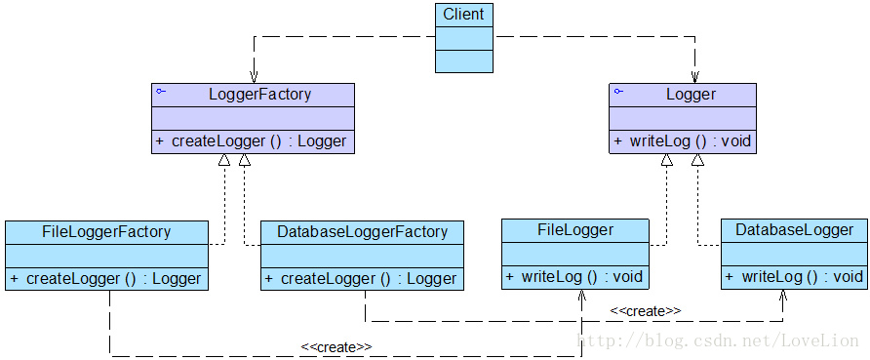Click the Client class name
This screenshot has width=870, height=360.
[464, 15]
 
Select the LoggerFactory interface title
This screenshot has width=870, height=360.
[259, 95]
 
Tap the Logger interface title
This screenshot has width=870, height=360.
[691, 95]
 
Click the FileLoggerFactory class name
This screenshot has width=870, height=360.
[106, 232]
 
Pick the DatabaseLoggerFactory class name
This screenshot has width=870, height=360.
[362, 232]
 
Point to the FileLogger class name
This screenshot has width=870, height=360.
[575, 230]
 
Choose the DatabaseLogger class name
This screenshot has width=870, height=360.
[794, 230]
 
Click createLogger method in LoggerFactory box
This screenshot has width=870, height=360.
[252, 141]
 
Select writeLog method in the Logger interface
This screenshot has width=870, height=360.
[683, 141]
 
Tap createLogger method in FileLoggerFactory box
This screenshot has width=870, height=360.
[106, 278]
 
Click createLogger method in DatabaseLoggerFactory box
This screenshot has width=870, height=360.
[362, 278]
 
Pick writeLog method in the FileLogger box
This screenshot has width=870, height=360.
[574, 276]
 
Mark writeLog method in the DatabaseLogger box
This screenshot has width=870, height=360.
[794, 276]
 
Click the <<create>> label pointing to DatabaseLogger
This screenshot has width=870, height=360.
[645, 310]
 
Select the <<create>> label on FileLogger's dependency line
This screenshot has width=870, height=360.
[336, 346]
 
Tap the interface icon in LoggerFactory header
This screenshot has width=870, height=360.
[161, 91]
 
